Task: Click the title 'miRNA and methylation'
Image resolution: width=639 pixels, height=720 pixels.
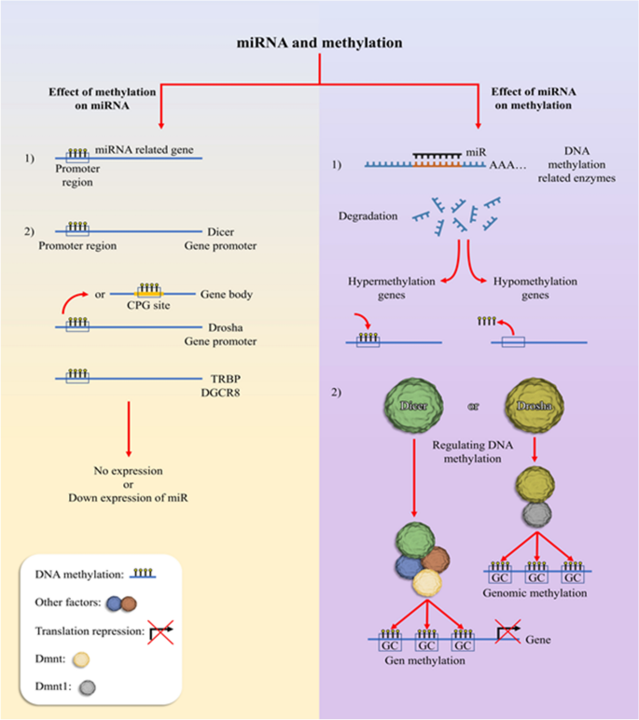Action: point(320,43)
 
